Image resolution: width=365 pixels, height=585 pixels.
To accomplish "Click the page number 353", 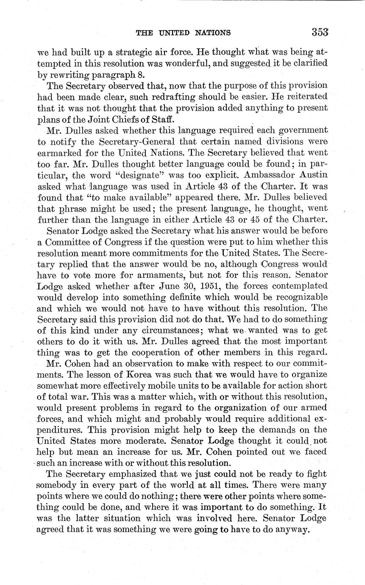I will click(x=320, y=32).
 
